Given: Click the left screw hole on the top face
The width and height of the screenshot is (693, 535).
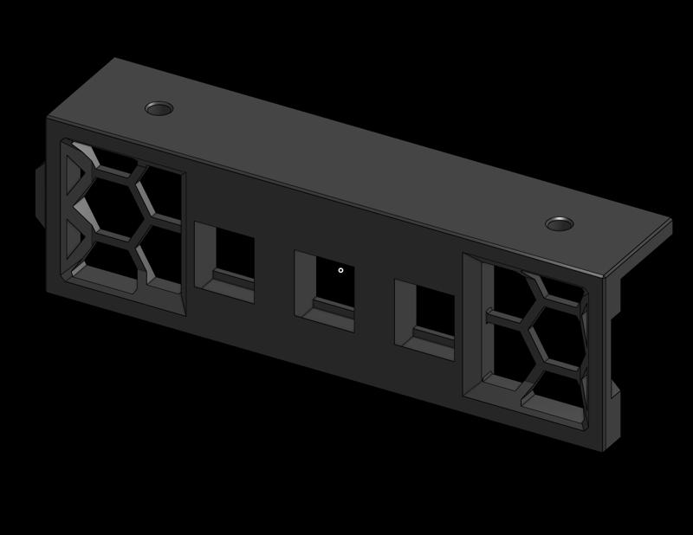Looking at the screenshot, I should click(x=159, y=108).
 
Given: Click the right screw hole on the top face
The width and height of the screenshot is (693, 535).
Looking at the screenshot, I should click(x=560, y=224).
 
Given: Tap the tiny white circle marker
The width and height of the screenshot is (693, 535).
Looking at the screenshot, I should click(x=340, y=270).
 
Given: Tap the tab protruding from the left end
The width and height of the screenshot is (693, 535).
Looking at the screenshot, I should click(x=40, y=192).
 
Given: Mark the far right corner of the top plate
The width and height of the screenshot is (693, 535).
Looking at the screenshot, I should click(x=670, y=221).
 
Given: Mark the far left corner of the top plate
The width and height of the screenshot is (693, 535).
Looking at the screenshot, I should click(x=115, y=59).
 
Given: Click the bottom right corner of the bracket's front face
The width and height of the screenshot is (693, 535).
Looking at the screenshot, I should click(x=603, y=450).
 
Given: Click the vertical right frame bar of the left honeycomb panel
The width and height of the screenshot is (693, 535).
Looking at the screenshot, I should click(x=185, y=242).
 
